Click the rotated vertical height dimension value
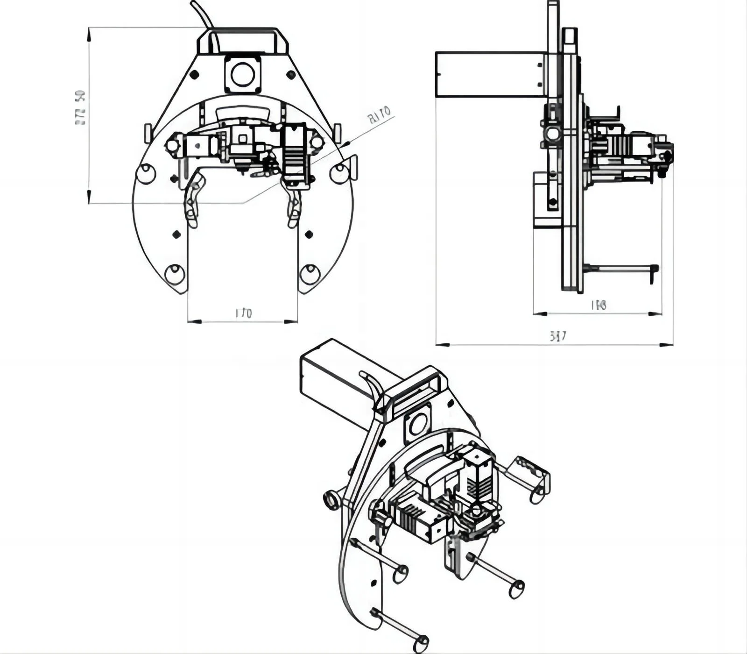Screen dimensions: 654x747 (81, 108)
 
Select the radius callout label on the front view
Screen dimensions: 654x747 (379, 115)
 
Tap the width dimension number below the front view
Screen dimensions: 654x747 (243, 313)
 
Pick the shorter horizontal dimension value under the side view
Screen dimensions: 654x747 (599, 306)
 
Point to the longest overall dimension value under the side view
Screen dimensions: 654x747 (558, 336)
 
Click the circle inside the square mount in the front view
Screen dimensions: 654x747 (243, 74)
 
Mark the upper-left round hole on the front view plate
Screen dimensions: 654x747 (145, 173)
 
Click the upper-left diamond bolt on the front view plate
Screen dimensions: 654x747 (194, 74)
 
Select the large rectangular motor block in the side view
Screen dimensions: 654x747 (490, 75)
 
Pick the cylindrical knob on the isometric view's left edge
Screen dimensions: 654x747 (332, 500)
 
